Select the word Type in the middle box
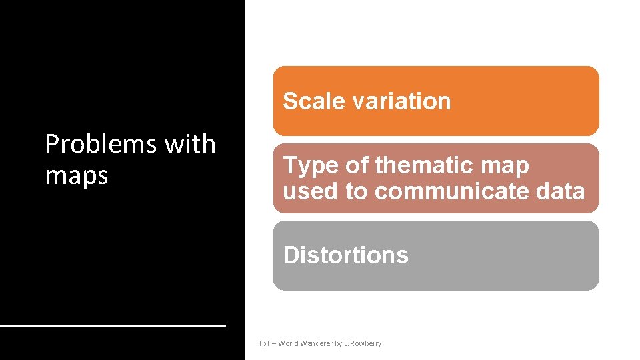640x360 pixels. click(x=307, y=165)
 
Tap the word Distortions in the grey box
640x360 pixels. click(x=345, y=255)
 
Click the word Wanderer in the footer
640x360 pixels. click(x=316, y=343)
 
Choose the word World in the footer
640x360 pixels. click(x=288, y=343)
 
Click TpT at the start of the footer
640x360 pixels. click(x=263, y=343)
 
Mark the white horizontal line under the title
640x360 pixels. click(x=113, y=325)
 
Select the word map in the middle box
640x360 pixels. click(x=509, y=165)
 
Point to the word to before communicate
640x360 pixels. click(x=357, y=191)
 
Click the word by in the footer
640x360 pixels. click(x=338, y=343)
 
